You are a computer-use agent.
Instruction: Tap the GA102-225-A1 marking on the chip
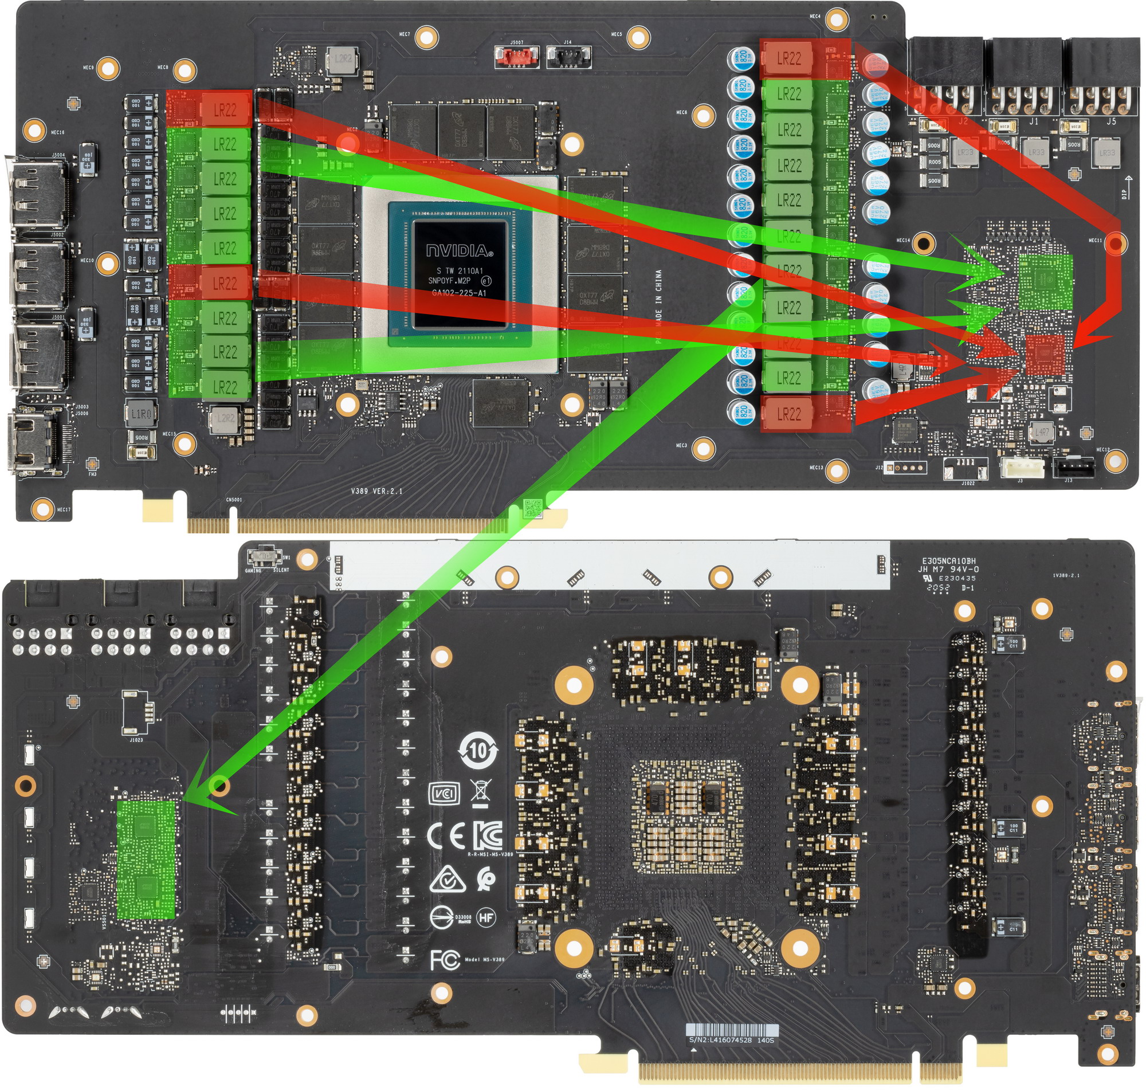click(x=459, y=293)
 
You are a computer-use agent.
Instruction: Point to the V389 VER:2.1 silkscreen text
click(x=376, y=492)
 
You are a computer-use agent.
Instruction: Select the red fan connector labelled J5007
click(x=516, y=56)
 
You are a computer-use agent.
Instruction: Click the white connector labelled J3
click(x=1022, y=467)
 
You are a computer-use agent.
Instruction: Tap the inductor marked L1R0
click(x=141, y=414)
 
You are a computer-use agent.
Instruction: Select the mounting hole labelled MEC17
click(x=42, y=509)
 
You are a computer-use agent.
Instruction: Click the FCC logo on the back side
click(x=445, y=960)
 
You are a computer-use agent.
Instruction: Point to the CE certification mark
click(x=446, y=836)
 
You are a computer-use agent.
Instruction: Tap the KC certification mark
click(x=487, y=835)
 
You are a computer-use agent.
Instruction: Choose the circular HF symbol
click(x=486, y=918)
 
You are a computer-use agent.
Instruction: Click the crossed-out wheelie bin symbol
click(x=480, y=792)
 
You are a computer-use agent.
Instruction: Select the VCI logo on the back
click(x=444, y=793)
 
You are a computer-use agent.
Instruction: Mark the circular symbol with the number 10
click(x=478, y=751)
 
